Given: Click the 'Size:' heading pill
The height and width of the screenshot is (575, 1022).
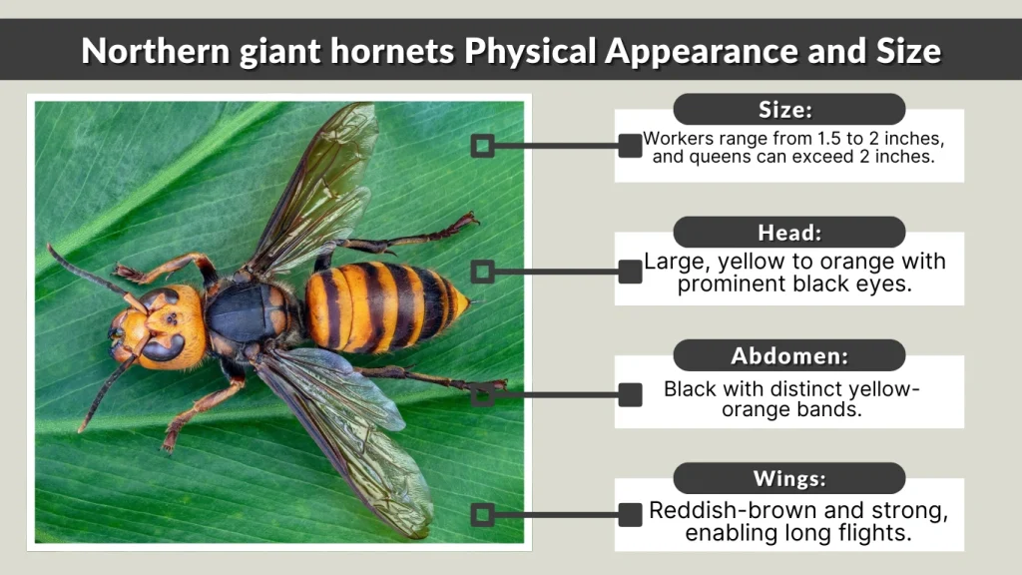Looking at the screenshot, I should pos(788,109).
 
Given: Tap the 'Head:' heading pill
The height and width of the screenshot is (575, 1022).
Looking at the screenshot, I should pos(788,233).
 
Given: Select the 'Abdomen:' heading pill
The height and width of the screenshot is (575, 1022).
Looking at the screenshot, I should pos(788,355).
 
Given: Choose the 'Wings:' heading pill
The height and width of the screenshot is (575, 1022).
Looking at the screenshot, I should pos(788,478).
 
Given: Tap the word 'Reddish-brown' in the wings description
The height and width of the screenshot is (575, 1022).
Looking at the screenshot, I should pos(721,511).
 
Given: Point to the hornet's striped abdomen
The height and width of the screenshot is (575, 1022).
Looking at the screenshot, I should pos(384,306).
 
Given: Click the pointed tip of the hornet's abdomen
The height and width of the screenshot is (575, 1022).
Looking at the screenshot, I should pos(465,298).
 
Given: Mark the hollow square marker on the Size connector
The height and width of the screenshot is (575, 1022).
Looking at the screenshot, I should pos(482,147).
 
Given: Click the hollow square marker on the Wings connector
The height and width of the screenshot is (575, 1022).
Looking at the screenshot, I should pos(482,515).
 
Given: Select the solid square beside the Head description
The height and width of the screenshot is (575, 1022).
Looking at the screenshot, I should pos(630,271).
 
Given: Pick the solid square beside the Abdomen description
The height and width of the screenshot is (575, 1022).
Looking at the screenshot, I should pos(630,394).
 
